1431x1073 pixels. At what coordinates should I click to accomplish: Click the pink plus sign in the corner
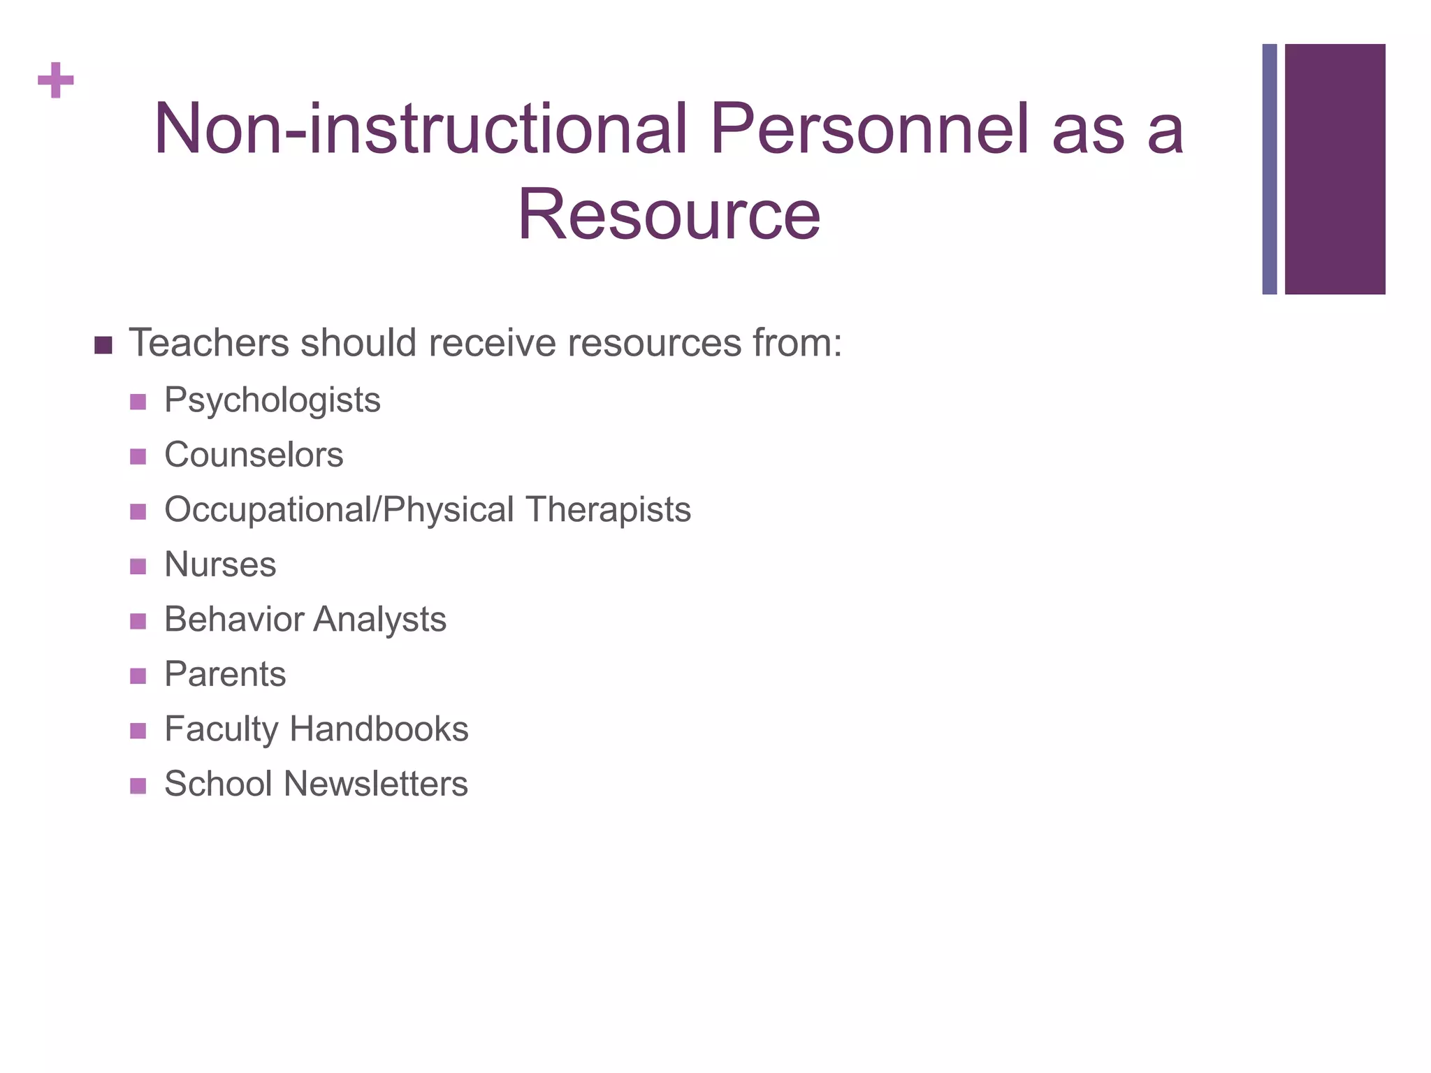[x=56, y=81]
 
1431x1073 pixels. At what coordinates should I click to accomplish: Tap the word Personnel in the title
[x=870, y=129]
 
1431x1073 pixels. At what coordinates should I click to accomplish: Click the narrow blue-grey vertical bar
[x=1269, y=169]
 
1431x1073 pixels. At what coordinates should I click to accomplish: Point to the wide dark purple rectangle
[x=1335, y=169]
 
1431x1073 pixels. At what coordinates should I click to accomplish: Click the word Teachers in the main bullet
[x=209, y=343]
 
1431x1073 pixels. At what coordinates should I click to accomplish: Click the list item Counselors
[x=254, y=455]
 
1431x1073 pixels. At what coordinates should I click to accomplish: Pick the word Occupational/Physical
[x=340, y=509]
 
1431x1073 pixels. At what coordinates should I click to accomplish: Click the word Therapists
[x=609, y=509]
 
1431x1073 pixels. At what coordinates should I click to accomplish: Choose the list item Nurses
[x=220, y=564]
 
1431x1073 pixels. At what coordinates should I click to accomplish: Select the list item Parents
[x=225, y=674]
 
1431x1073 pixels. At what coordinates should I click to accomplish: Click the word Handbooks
[x=379, y=729]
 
